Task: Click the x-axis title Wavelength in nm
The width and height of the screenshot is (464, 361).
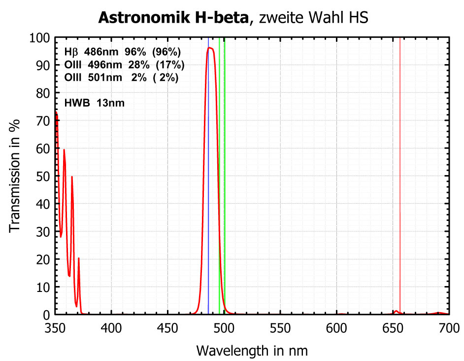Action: [x=252, y=351]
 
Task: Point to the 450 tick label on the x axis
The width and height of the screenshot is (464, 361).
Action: [x=167, y=326]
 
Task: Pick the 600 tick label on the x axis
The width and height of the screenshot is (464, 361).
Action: [x=336, y=326]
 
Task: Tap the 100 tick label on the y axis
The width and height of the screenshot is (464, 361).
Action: [x=40, y=38]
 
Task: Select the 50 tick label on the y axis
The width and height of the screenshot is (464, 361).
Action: [x=43, y=176]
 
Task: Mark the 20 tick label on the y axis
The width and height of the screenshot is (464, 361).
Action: [x=43, y=259]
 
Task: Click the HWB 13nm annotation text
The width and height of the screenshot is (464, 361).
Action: [x=95, y=103]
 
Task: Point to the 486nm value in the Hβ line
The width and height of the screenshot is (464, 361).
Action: [x=100, y=52]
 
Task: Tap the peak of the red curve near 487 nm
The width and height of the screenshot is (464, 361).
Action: [x=210, y=48]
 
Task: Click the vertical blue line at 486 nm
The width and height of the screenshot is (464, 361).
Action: [x=208, y=197]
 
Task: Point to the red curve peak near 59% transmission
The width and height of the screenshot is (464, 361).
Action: [x=64, y=150]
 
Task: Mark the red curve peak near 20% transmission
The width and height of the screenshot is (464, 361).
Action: [x=78, y=258]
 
